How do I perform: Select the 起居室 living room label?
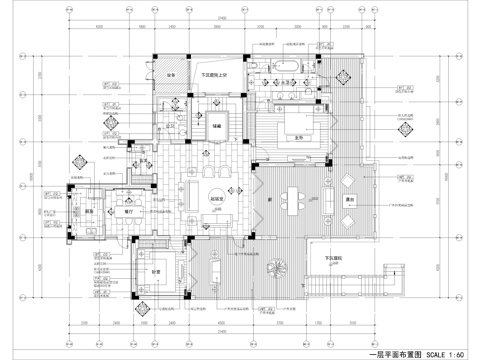tap(216, 196)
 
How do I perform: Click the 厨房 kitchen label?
tap(89, 210)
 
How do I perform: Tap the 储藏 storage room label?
tap(216, 126)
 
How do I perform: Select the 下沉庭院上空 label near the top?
tap(215, 76)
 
